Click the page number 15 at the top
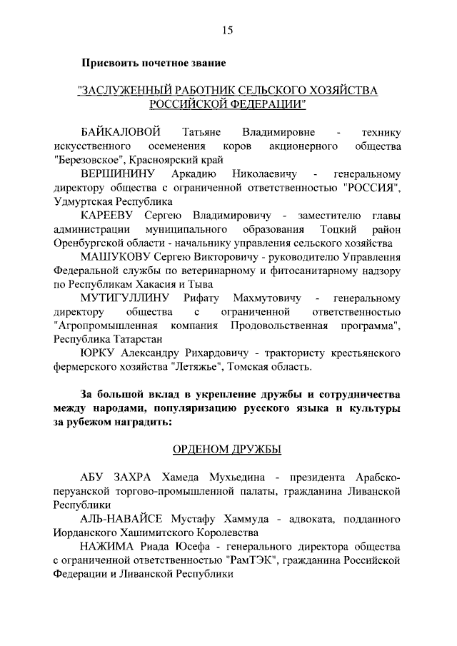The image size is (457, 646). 228,29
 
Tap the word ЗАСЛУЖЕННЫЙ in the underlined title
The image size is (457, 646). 126,91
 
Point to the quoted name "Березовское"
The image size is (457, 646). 90,160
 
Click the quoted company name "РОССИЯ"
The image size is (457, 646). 370,188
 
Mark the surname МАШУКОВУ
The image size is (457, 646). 114,257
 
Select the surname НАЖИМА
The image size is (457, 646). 106,545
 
